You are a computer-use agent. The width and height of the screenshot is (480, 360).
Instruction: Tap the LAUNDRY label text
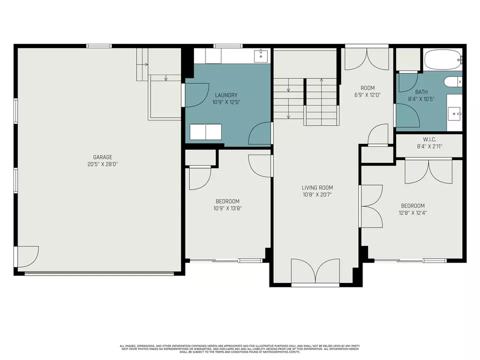click(226, 95)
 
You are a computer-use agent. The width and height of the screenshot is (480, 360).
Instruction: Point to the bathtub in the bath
click(442, 61)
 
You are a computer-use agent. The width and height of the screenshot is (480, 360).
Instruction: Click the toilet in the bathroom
click(453, 82)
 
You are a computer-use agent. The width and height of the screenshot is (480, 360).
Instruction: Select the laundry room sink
click(261, 56)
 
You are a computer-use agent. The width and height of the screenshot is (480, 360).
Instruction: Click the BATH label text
click(421, 92)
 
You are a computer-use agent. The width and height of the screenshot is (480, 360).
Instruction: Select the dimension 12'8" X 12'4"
click(413, 212)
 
